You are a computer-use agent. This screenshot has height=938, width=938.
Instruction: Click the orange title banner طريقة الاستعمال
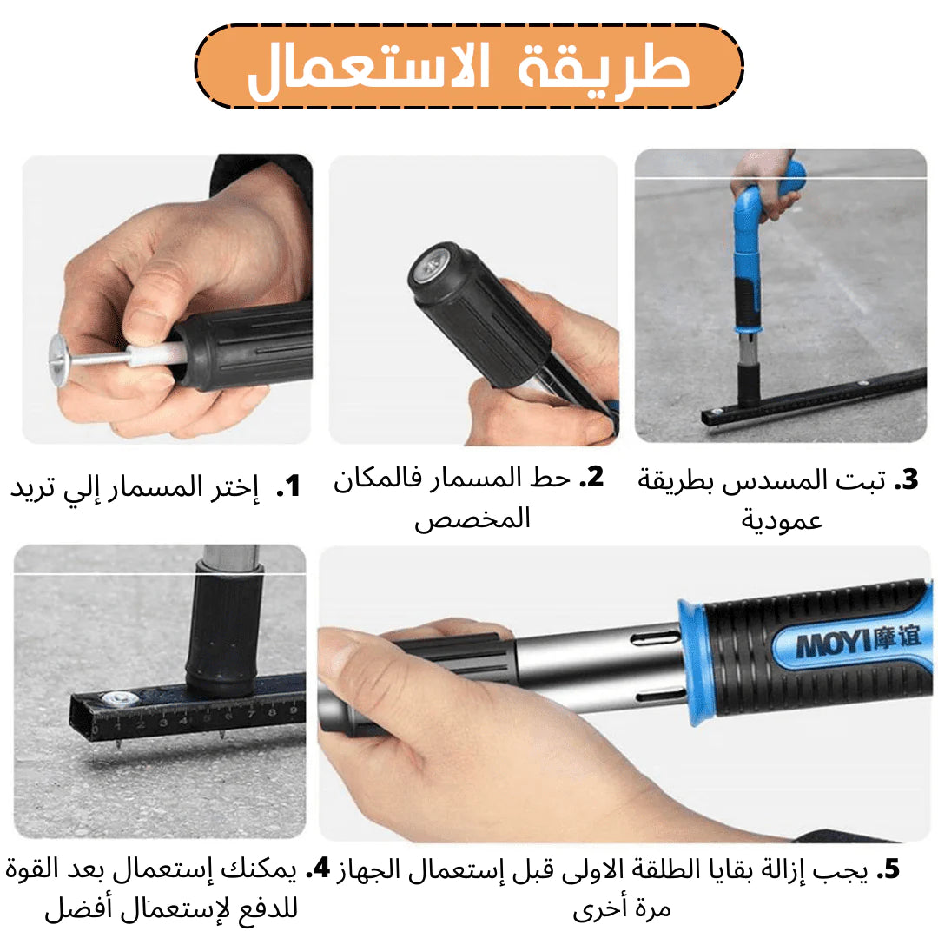click(469, 66)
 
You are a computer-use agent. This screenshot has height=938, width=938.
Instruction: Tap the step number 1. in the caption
click(288, 486)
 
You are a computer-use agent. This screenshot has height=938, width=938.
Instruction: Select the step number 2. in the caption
click(591, 478)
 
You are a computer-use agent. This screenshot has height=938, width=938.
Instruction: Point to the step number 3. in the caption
click(906, 479)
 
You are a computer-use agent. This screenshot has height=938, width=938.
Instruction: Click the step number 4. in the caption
click(318, 869)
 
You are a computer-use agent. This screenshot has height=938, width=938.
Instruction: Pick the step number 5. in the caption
click(888, 869)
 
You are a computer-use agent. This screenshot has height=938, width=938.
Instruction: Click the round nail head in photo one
click(60, 360)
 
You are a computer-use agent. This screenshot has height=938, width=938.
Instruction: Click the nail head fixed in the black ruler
click(116, 698)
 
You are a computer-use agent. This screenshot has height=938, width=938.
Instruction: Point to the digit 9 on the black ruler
click(294, 710)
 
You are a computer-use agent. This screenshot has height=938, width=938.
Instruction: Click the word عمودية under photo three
click(782, 520)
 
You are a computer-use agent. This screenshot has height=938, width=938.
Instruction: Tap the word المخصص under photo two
click(472, 518)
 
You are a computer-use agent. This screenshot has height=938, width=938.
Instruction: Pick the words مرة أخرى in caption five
click(622, 909)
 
